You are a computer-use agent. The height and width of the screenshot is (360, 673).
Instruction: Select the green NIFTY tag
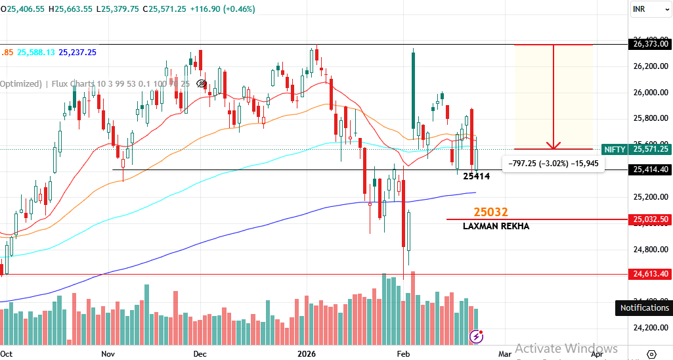click(614, 150)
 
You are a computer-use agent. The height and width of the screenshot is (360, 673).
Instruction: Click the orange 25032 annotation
click(491, 212)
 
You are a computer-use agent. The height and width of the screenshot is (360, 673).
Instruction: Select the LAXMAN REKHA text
click(496, 226)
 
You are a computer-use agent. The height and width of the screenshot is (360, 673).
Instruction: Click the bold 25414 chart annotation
click(477, 176)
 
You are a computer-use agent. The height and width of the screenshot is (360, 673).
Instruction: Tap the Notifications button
click(644, 307)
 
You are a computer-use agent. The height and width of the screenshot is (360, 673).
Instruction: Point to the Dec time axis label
click(200, 353)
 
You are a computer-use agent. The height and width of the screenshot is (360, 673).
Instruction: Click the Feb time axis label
click(404, 353)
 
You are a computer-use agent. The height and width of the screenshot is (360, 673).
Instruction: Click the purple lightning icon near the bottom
click(477, 336)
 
